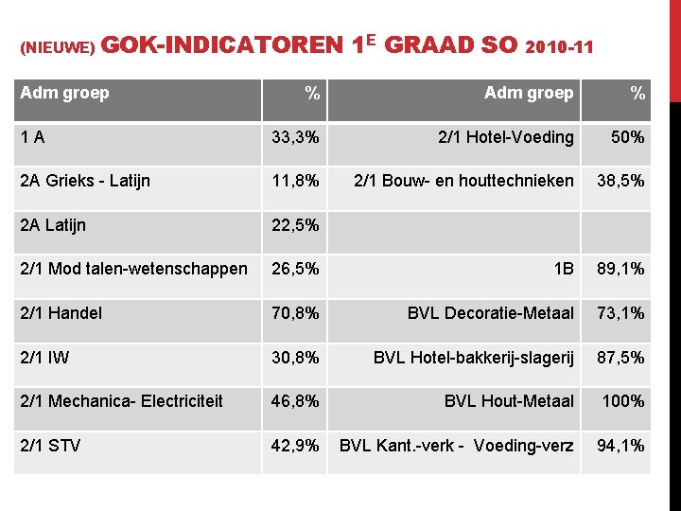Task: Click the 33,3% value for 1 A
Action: click(x=295, y=137)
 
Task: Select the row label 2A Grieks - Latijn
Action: click(x=85, y=181)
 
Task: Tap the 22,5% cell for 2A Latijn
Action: click(x=295, y=225)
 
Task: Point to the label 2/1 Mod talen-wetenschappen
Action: click(x=133, y=269)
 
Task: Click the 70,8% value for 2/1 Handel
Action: click(x=295, y=313)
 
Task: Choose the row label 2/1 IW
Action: click(x=44, y=357)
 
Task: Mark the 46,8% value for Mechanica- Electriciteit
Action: click(x=295, y=401)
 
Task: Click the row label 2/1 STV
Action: click(x=50, y=445)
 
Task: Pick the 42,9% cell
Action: click(x=295, y=445)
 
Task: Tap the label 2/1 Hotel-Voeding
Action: click(x=505, y=137)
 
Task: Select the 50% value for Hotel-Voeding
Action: click(x=628, y=137)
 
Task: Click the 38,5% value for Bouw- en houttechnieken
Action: click(x=620, y=181)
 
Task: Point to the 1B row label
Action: click(x=564, y=269)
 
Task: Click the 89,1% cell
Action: click(x=620, y=269)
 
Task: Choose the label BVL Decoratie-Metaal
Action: click(x=490, y=313)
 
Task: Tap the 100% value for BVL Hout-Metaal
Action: click(x=623, y=401)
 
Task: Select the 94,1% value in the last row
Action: click(x=620, y=445)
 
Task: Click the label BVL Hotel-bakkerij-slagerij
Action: click(x=473, y=357)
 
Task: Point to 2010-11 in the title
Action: click(x=557, y=46)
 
